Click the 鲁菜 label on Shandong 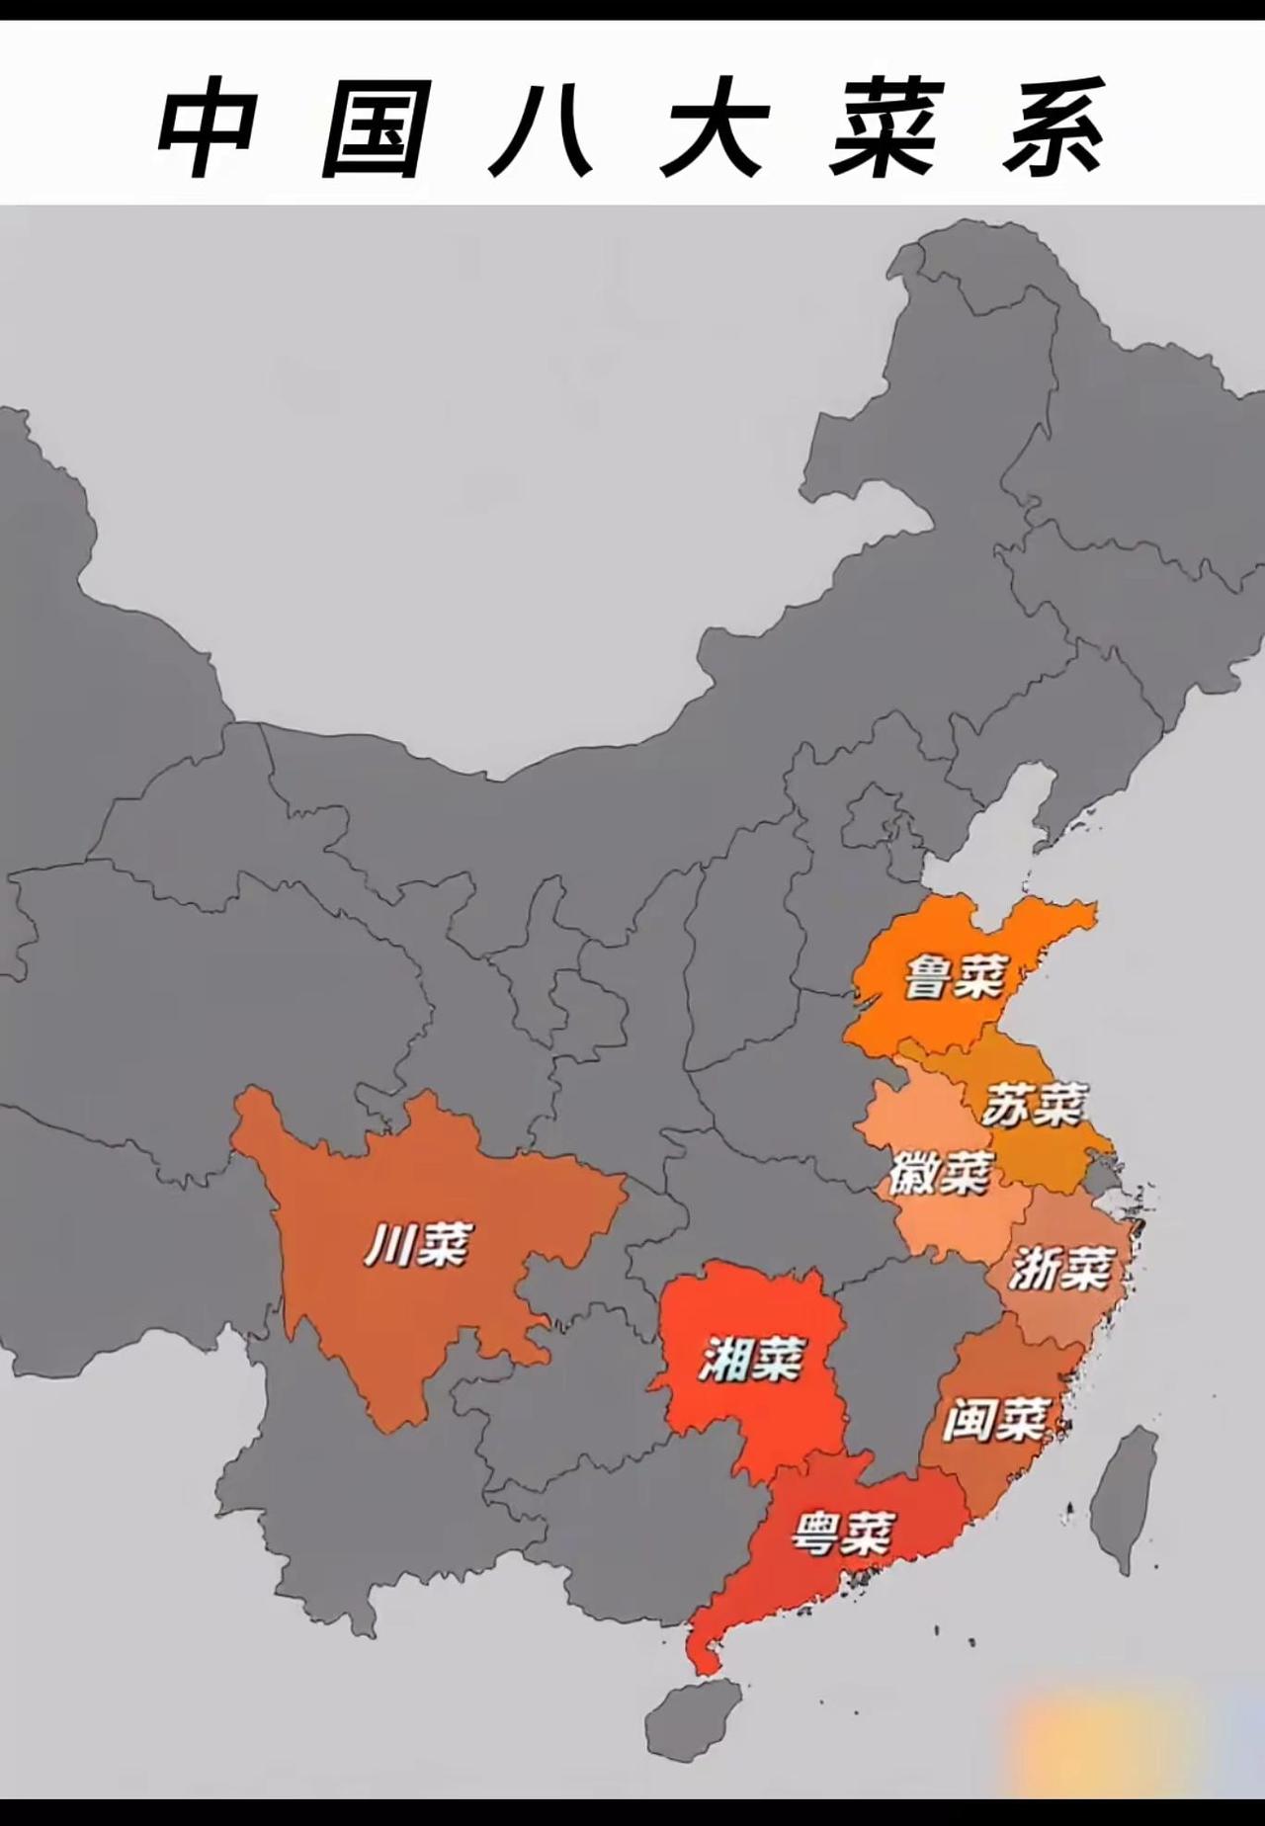(x=954, y=976)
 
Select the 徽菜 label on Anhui (x=940, y=1174)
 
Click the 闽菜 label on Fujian (x=994, y=1420)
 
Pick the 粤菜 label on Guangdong (x=843, y=1535)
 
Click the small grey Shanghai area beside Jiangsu (x=1100, y=1173)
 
